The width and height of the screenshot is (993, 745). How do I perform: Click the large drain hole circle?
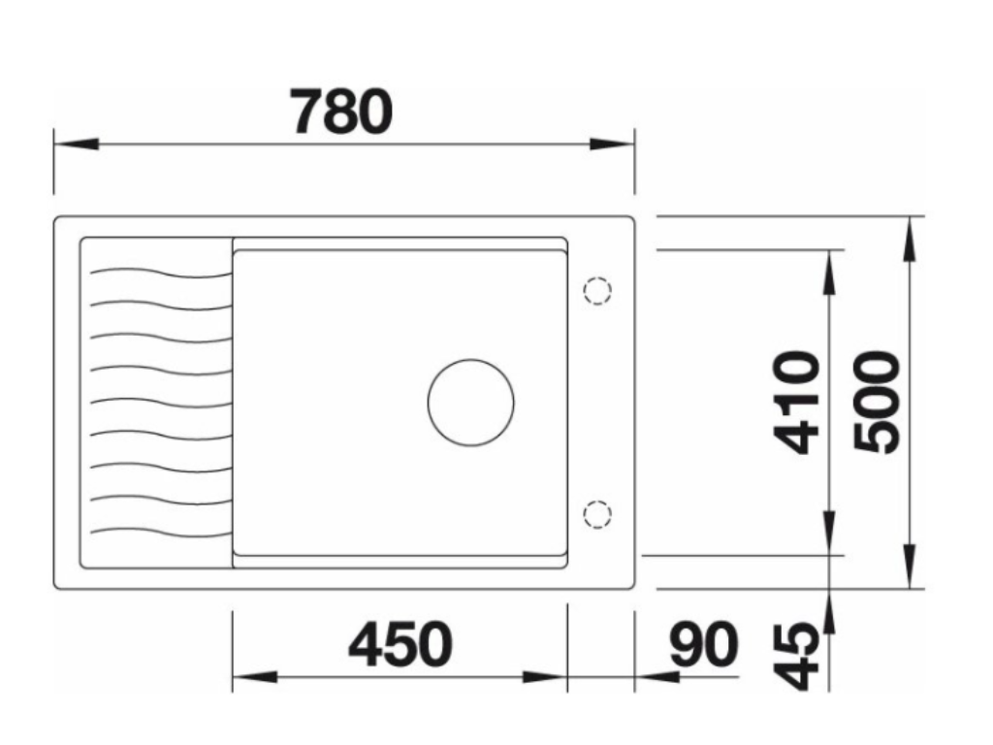pyautogui.click(x=471, y=403)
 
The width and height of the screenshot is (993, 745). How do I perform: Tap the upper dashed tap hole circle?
pyautogui.click(x=597, y=290)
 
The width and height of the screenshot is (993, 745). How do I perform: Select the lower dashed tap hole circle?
pyautogui.click(x=597, y=513)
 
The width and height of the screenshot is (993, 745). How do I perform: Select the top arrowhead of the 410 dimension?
pyautogui.click(x=830, y=272)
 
